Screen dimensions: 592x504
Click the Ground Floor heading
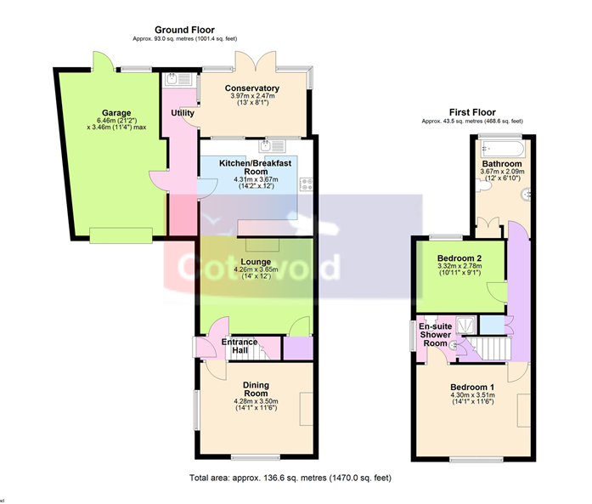(x=184, y=30)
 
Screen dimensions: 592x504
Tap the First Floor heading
(x=472, y=112)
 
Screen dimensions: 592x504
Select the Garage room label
(x=116, y=112)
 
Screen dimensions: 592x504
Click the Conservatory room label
(x=252, y=88)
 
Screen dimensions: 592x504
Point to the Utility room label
(x=183, y=112)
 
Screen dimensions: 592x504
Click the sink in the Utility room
(x=178, y=79)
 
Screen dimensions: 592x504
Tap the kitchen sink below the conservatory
(x=273, y=146)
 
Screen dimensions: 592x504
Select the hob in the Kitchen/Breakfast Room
(x=307, y=184)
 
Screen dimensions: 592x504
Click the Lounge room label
(x=256, y=262)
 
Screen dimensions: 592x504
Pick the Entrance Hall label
(x=240, y=346)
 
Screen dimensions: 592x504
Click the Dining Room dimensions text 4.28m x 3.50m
(x=256, y=401)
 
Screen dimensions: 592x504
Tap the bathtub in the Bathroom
(x=502, y=149)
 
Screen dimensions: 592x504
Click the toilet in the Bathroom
(x=483, y=185)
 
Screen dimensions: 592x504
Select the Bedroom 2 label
(x=460, y=258)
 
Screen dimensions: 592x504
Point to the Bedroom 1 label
(x=472, y=387)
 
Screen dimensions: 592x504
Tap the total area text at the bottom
(x=290, y=478)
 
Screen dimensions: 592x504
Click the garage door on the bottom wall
(x=121, y=235)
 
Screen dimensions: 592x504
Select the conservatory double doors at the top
(x=256, y=61)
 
